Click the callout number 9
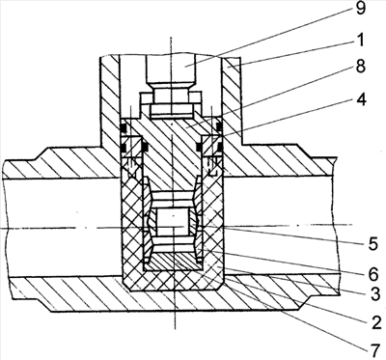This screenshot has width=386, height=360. coord(361,9)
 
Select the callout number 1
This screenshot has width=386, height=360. coord(360,40)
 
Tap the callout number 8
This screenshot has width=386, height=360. coord(361,68)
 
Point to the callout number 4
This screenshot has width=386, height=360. coord(361,99)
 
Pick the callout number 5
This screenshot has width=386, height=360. coord(373,244)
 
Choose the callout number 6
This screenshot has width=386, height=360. coord(373,274)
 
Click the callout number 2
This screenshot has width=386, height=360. coord(374,322)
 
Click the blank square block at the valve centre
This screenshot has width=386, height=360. coord(172,222)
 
